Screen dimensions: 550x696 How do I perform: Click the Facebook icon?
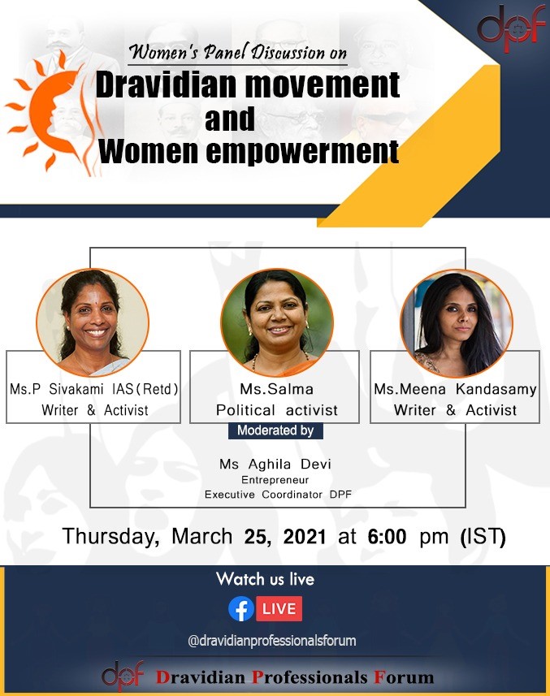click(x=241, y=608)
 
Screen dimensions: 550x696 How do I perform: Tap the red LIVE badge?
click(x=279, y=608)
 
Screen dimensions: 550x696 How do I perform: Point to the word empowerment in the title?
click(x=302, y=152)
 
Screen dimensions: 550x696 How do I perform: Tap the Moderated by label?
click(x=275, y=430)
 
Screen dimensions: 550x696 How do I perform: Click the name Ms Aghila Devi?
click(x=275, y=464)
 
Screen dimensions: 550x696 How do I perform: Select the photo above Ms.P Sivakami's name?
click(x=93, y=322)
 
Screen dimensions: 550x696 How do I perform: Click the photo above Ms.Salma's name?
click(x=277, y=322)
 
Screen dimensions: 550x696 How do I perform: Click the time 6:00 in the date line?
click(x=387, y=536)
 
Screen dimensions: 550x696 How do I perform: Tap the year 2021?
click(x=305, y=536)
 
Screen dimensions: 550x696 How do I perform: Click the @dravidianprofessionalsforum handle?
click(x=271, y=641)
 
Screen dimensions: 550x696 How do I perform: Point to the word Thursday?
click(x=110, y=536)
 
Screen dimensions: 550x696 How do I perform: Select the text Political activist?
click(x=276, y=409)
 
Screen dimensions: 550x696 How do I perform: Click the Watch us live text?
click(x=265, y=579)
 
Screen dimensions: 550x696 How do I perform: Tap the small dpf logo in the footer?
click(x=123, y=676)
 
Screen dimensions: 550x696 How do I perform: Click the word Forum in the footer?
click(x=404, y=677)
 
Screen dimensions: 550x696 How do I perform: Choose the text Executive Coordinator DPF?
click(x=278, y=494)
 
